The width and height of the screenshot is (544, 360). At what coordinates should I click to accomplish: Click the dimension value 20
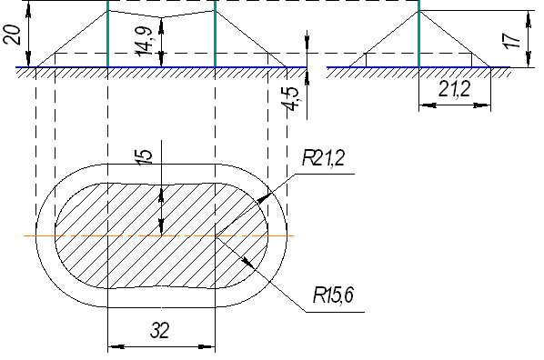[12, 35]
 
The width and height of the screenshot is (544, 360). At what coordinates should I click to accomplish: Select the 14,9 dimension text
[145, 41]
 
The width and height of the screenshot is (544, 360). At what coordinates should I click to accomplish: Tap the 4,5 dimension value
[291, 98]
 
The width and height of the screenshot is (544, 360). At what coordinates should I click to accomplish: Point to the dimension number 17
[512, 41]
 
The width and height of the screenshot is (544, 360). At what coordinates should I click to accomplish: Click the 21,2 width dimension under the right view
[455, 89]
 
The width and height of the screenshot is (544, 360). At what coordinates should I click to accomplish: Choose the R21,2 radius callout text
[323, 158]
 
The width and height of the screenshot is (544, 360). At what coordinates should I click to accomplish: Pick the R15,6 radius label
[333, 295]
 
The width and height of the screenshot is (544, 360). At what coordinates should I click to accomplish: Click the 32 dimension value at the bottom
[160, 330]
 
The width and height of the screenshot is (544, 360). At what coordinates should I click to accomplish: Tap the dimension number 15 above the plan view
[145, 157]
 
